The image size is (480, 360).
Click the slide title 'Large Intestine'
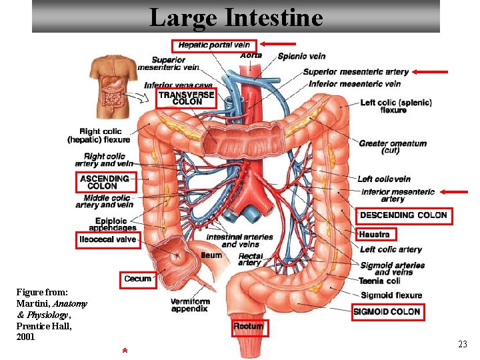coord(236,17)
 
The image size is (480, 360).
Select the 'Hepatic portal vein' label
coord(214,45)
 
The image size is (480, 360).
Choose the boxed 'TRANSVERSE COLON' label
coord(187,98)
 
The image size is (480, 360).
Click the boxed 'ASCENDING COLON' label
coord(105,182)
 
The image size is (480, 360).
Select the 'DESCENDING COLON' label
coord(404,215)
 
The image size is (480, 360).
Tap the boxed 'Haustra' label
coord(374,234)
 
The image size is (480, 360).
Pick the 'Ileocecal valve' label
coord(108,239)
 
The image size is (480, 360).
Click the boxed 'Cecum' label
coord(138,279)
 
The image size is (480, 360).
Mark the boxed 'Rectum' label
coord(248,327)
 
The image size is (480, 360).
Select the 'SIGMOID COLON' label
coord(387,311)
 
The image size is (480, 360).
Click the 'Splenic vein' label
coord(301,57)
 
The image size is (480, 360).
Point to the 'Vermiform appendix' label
coord(190,305)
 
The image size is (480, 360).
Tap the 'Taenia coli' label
coord(379,281)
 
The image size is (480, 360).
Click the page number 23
coord(462,344)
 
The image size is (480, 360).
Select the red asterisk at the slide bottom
coord(125,351)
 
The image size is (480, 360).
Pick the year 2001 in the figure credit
coord(25,337)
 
